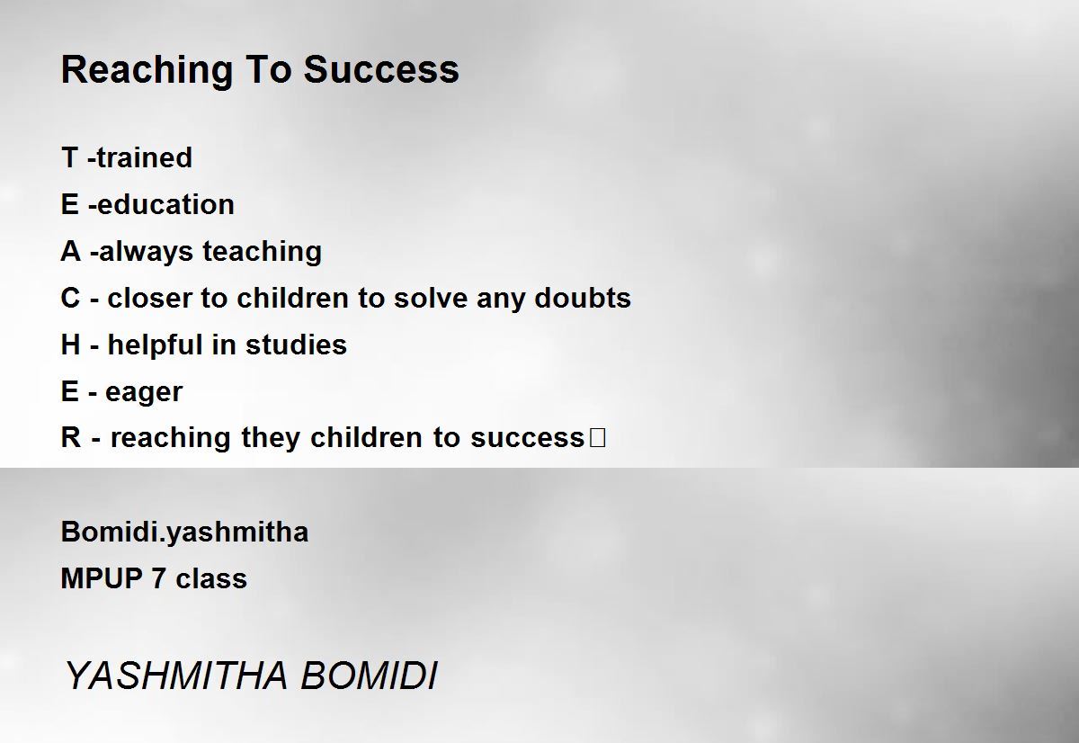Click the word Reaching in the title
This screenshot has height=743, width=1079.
pyautogui.click(x=147, y=71)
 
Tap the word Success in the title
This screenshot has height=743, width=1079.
pyautogui.click(x=381, y=69)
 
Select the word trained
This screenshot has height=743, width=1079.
pyautogui.click(x=144, y=157)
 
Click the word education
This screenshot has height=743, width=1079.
pyautogui.click(x=165, y=204)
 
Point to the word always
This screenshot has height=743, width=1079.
pyautogui.click(x=146, y=252)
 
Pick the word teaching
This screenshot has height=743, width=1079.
pyautogui.click(x=262, y=252)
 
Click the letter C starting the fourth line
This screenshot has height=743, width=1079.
pyautogui.click(x=70, y=298)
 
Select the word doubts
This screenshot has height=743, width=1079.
pyautogui.click(x=583, y=298)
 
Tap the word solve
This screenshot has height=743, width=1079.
pyautogui.click(x=431, y=298)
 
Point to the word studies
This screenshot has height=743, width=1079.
pyautogui.click(x=296, y=345)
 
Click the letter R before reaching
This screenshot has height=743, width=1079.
pyautogui.click(x=71, y=437)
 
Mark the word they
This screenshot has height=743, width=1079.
pyautogui.click(x=271, y=438)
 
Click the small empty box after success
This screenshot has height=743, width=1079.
pyautogui.click(x=597, y=437)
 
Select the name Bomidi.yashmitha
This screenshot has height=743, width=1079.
pyautogui.click(x=184, y=533)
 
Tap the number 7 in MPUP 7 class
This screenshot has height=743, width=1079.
pyautogui.click(x=158, y=578)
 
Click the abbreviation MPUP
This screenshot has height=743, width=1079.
pyautogui.click(x=102, y=578)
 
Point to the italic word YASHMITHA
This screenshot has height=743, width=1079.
pyautogui.click(x=176, y=675)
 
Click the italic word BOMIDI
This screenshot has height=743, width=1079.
pyautogui.click(x=369, y=675)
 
